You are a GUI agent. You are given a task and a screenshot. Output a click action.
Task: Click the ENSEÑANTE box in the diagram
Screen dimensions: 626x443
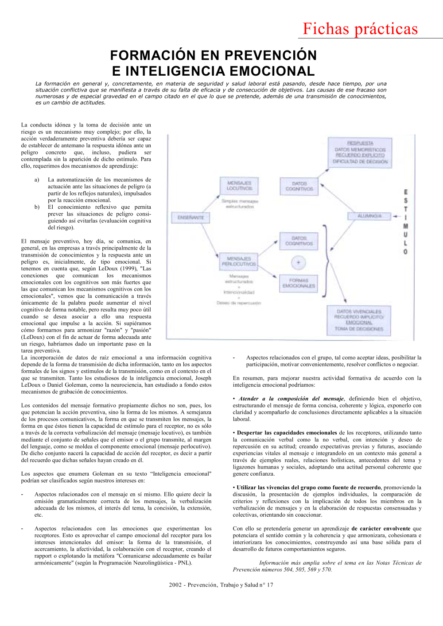(x=190, y=218)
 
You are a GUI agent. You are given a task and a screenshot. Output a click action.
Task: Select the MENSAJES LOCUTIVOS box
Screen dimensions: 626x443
(x=239, y=186)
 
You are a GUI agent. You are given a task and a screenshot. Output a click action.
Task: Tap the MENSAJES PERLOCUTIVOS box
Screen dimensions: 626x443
(x=239, y=261)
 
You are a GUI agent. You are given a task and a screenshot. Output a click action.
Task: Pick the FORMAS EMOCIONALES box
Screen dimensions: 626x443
(x=299, y=283)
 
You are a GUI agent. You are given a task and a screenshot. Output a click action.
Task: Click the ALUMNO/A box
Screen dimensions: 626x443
(x=369, y=216)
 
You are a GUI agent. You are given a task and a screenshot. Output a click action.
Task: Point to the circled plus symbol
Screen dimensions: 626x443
(x=298, y=263)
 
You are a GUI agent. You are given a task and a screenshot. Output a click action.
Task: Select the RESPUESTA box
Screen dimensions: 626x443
(x=360, y=152)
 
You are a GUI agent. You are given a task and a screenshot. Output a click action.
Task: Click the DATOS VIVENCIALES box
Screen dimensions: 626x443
(x=359, y=320)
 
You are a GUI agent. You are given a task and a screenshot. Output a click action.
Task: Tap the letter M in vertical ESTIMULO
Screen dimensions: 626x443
(x=405, y=226)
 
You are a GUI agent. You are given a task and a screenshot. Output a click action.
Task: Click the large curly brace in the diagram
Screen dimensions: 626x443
(x=326, y=261)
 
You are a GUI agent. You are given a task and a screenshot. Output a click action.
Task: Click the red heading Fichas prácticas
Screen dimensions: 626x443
(x=360, y=29)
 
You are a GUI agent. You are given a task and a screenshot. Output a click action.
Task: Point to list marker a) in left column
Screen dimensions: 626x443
(x=37, y=180)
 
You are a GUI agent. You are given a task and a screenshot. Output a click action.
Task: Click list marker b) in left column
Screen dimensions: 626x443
(x=37, y=207)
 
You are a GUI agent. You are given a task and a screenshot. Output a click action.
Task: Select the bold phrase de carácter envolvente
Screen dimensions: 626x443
(x=381, y=528)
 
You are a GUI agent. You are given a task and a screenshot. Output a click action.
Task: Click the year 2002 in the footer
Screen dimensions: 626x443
(x=175, y=585)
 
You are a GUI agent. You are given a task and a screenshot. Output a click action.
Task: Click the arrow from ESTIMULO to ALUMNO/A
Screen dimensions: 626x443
(x=397, y=216)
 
